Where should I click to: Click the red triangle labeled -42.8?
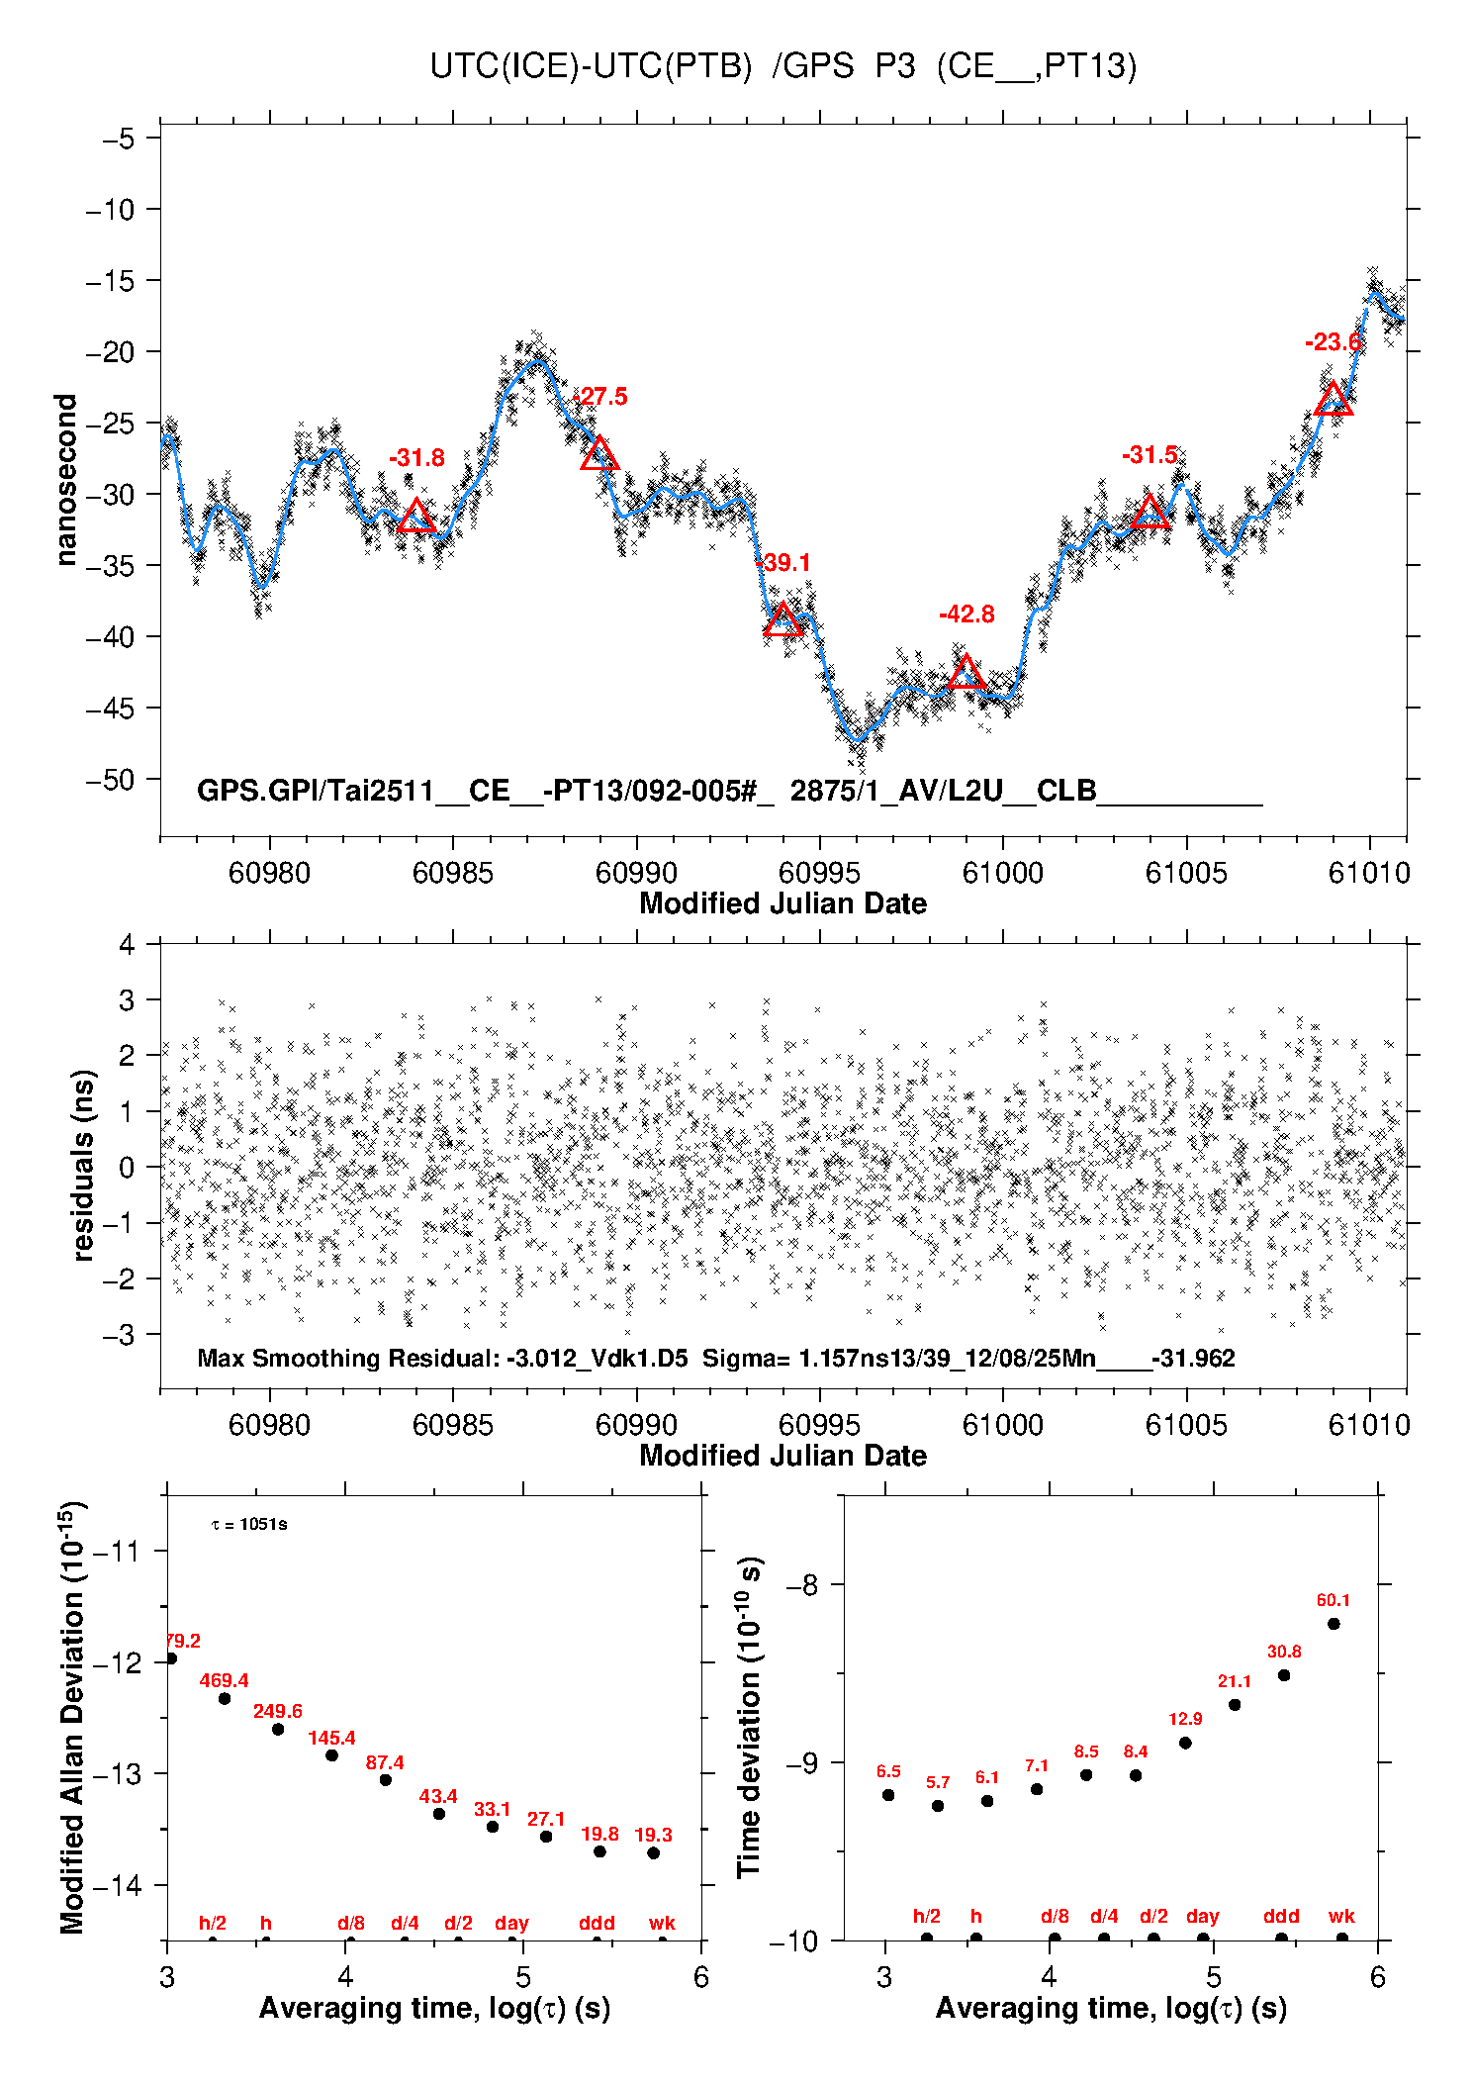click(x=966, y=674)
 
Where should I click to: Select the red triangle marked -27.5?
click(x=599, y=455)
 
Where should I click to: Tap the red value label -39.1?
click(x=783, y=563)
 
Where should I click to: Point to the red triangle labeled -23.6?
click(x=1334, y=400)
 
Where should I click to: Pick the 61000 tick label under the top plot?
click(x=1002, y=873)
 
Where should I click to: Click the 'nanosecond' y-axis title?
click(x=66, y=480)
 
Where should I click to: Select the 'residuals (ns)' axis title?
click(x=83, y=1165)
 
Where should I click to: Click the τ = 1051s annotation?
click(x=249, y=1524)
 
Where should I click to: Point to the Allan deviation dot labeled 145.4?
click(x=332, y=1755)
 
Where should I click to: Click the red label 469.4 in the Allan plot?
click(x=224, y=1680)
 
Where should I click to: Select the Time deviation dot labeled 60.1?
click(x=1334, y=1624)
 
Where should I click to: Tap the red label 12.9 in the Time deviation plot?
click(x=1185, y=1719)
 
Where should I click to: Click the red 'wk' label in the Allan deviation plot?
click(x=662, y=1923)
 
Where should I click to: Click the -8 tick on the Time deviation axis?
click(x=801, y=1585)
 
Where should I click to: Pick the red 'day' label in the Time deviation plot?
click(x=1202, y=1916)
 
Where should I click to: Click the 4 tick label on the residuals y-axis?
click(x=127, y=945)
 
